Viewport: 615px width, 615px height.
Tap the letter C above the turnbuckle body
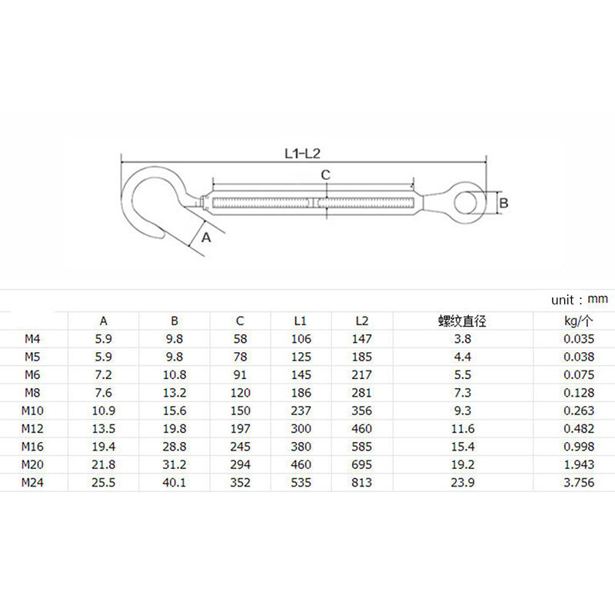[325, 175]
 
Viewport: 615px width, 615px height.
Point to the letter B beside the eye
[504, 203]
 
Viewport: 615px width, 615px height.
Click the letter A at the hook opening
[205, 238]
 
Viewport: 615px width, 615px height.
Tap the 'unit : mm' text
[579, 298]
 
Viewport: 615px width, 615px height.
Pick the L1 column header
[301, 321]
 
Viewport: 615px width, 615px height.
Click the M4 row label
[32, 339]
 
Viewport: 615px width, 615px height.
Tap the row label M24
[35, 483]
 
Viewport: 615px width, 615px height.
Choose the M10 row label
[35, 411]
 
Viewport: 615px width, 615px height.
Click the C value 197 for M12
[241, 429]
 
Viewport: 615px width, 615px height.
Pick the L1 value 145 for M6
[301, 375]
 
